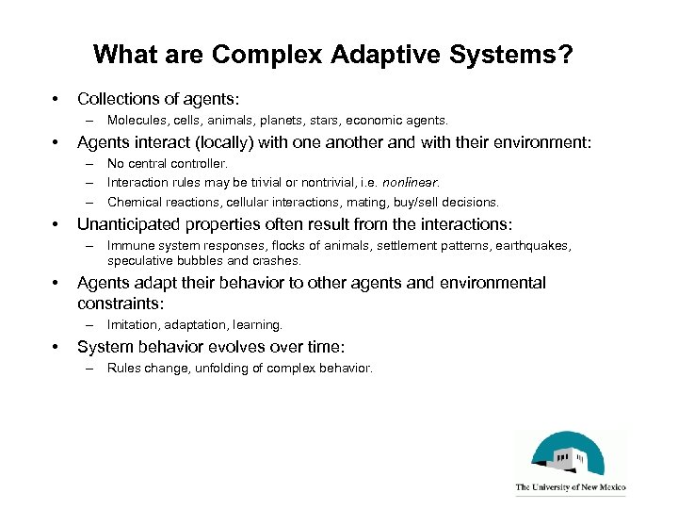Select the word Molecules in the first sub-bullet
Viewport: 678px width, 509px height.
click(x=137, y=121)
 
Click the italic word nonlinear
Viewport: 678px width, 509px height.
click(x=407, y=182)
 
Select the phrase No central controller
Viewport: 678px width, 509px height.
click(x=168, y=164)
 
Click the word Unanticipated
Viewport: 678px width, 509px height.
click(x=131, y=224)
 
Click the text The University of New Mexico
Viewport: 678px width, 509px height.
click(x=570, y=488)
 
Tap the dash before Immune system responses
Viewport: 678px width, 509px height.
click(x=91, y=246)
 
